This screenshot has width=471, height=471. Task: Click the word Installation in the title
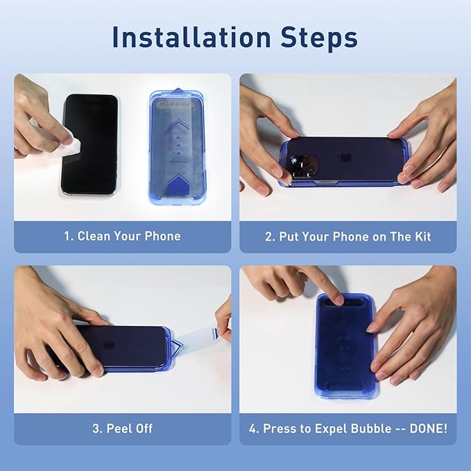(191, 37)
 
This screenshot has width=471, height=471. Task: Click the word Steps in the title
(319, 38)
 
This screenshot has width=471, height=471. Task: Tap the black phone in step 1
(89, 144)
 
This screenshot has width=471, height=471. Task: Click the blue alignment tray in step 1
(178, 147)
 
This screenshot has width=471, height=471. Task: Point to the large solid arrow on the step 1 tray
(178, 185)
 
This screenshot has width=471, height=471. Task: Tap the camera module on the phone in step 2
(303, 166)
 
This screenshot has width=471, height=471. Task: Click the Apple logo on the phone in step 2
(343, 158)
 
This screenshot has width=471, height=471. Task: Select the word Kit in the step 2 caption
(423, 237)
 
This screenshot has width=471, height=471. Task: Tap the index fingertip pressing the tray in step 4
(338, 299)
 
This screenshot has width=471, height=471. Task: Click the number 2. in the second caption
(271, 237)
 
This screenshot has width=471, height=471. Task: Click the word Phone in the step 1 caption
(162, 236)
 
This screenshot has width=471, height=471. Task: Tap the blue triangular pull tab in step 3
(177, 346)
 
